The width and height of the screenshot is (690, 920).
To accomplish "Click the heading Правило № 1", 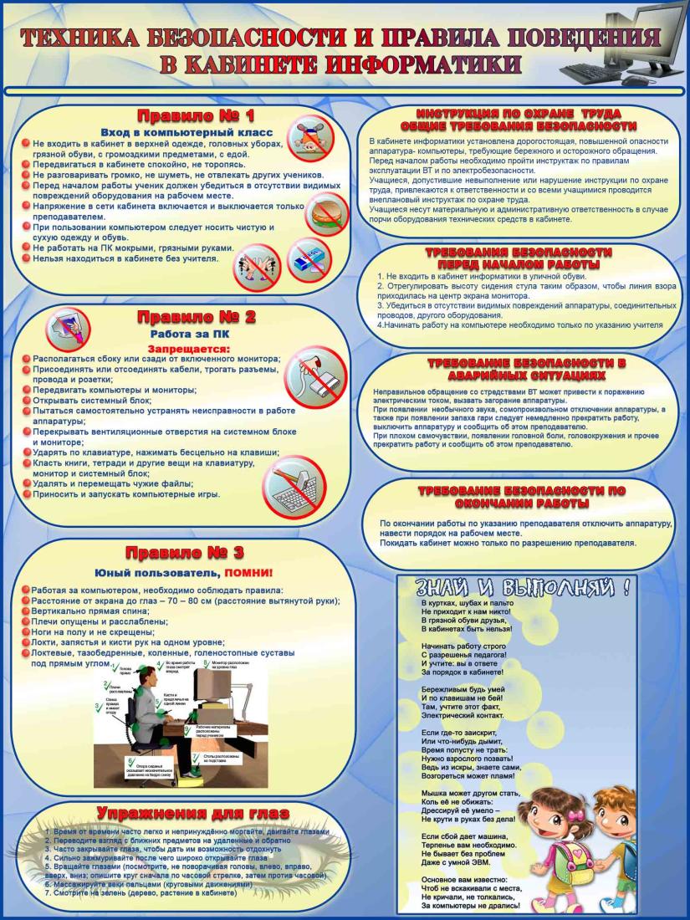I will [196, 115].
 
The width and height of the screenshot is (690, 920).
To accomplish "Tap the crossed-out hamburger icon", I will [326, 217].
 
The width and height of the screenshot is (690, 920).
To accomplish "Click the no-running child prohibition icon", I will [310, 138].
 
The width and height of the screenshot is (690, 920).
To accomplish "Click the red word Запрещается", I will [188, 348].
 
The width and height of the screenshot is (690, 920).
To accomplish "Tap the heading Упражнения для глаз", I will [193, 813].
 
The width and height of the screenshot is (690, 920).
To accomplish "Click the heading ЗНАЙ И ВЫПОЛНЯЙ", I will [517, 585].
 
